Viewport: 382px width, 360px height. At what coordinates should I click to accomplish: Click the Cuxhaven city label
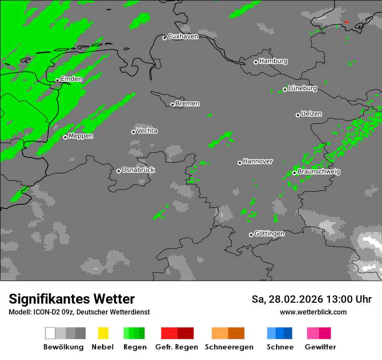click(183, 36)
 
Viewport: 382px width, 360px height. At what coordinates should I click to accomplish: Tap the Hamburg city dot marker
click(256, 62)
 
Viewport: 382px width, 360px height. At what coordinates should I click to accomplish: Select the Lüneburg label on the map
click(303, 88)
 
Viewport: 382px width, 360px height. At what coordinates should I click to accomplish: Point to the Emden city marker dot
click(57, 80)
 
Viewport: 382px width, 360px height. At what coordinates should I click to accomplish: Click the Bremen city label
click(188, 104)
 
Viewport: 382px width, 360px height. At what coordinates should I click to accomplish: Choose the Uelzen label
click(311, 114)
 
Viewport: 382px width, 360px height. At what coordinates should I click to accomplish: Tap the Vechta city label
click(147, 131)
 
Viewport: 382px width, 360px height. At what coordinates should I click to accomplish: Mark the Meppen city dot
click(65, 137)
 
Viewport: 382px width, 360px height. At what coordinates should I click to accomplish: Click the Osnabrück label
click(138, 170)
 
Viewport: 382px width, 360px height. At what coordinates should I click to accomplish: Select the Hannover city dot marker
click(240, 163)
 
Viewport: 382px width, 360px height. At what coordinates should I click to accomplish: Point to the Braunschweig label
click(319, 172)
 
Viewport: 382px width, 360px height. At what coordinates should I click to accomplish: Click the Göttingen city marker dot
click(251, 235)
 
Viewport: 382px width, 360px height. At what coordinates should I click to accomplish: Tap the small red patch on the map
click(346, 22)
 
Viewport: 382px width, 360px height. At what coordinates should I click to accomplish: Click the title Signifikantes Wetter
click(72, 299)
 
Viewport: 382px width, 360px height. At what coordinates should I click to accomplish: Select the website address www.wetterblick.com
click(313, 312)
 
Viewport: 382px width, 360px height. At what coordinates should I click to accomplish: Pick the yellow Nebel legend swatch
click(103, 333)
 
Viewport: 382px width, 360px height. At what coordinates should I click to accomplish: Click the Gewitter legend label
click(320, 347)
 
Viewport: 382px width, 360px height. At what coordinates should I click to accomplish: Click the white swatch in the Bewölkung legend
click(50, 333)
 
